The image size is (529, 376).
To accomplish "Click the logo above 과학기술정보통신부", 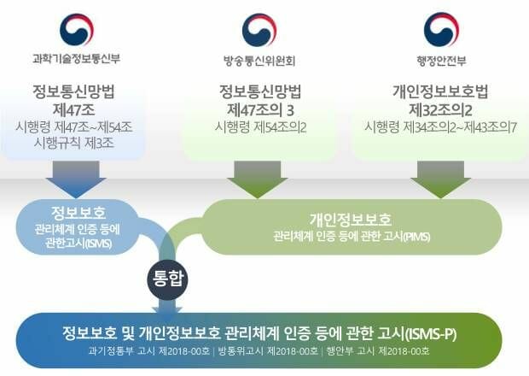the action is click(77, 29).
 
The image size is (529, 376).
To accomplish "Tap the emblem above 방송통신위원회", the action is click(259, 30).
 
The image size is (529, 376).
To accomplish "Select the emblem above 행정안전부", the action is click(441, 30).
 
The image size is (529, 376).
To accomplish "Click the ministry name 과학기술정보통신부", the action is click(76, 59).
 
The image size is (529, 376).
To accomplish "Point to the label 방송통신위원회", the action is click(259, 61).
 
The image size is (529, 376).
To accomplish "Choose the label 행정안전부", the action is click(441, 61).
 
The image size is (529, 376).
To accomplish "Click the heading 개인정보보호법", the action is click(440, 91).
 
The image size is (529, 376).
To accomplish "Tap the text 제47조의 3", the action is click(260, 109).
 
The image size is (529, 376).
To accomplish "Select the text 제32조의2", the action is click(440, 109).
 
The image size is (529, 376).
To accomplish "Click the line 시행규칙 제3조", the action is click(74, 144).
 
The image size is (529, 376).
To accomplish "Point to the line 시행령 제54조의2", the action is click(260, 127).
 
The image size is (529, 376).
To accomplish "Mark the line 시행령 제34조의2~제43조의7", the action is click(440, 127).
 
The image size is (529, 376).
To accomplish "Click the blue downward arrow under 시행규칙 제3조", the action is click(76, 179).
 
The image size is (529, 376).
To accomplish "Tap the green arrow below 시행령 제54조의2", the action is click(258, 179).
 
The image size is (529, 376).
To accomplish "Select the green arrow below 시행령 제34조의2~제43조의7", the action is click(440, 179).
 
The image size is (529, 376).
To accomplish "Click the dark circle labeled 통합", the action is click(168, 279).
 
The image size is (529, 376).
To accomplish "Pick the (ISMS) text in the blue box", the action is click(99, 244).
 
